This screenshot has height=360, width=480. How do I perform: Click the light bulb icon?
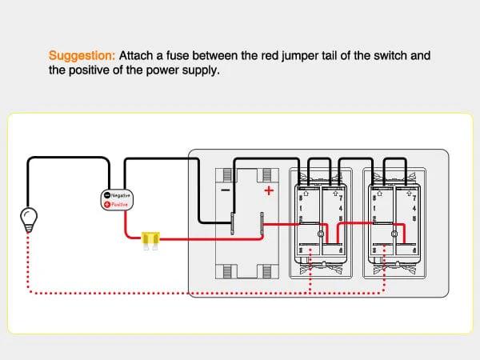(x=28, y=218)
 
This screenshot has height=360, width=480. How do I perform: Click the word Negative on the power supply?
(x=121, y=195)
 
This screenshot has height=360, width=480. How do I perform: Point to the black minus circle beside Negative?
(x=107, y=195)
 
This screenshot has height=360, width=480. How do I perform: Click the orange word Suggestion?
(x=82, y=56)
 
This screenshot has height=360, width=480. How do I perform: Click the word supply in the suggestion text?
(x=198, y=70)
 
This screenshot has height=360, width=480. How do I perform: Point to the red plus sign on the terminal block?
(x=269, y=190)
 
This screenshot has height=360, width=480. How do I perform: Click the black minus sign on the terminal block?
(x=226, y=191)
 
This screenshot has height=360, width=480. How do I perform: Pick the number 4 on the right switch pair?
(x=414, y=208)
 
